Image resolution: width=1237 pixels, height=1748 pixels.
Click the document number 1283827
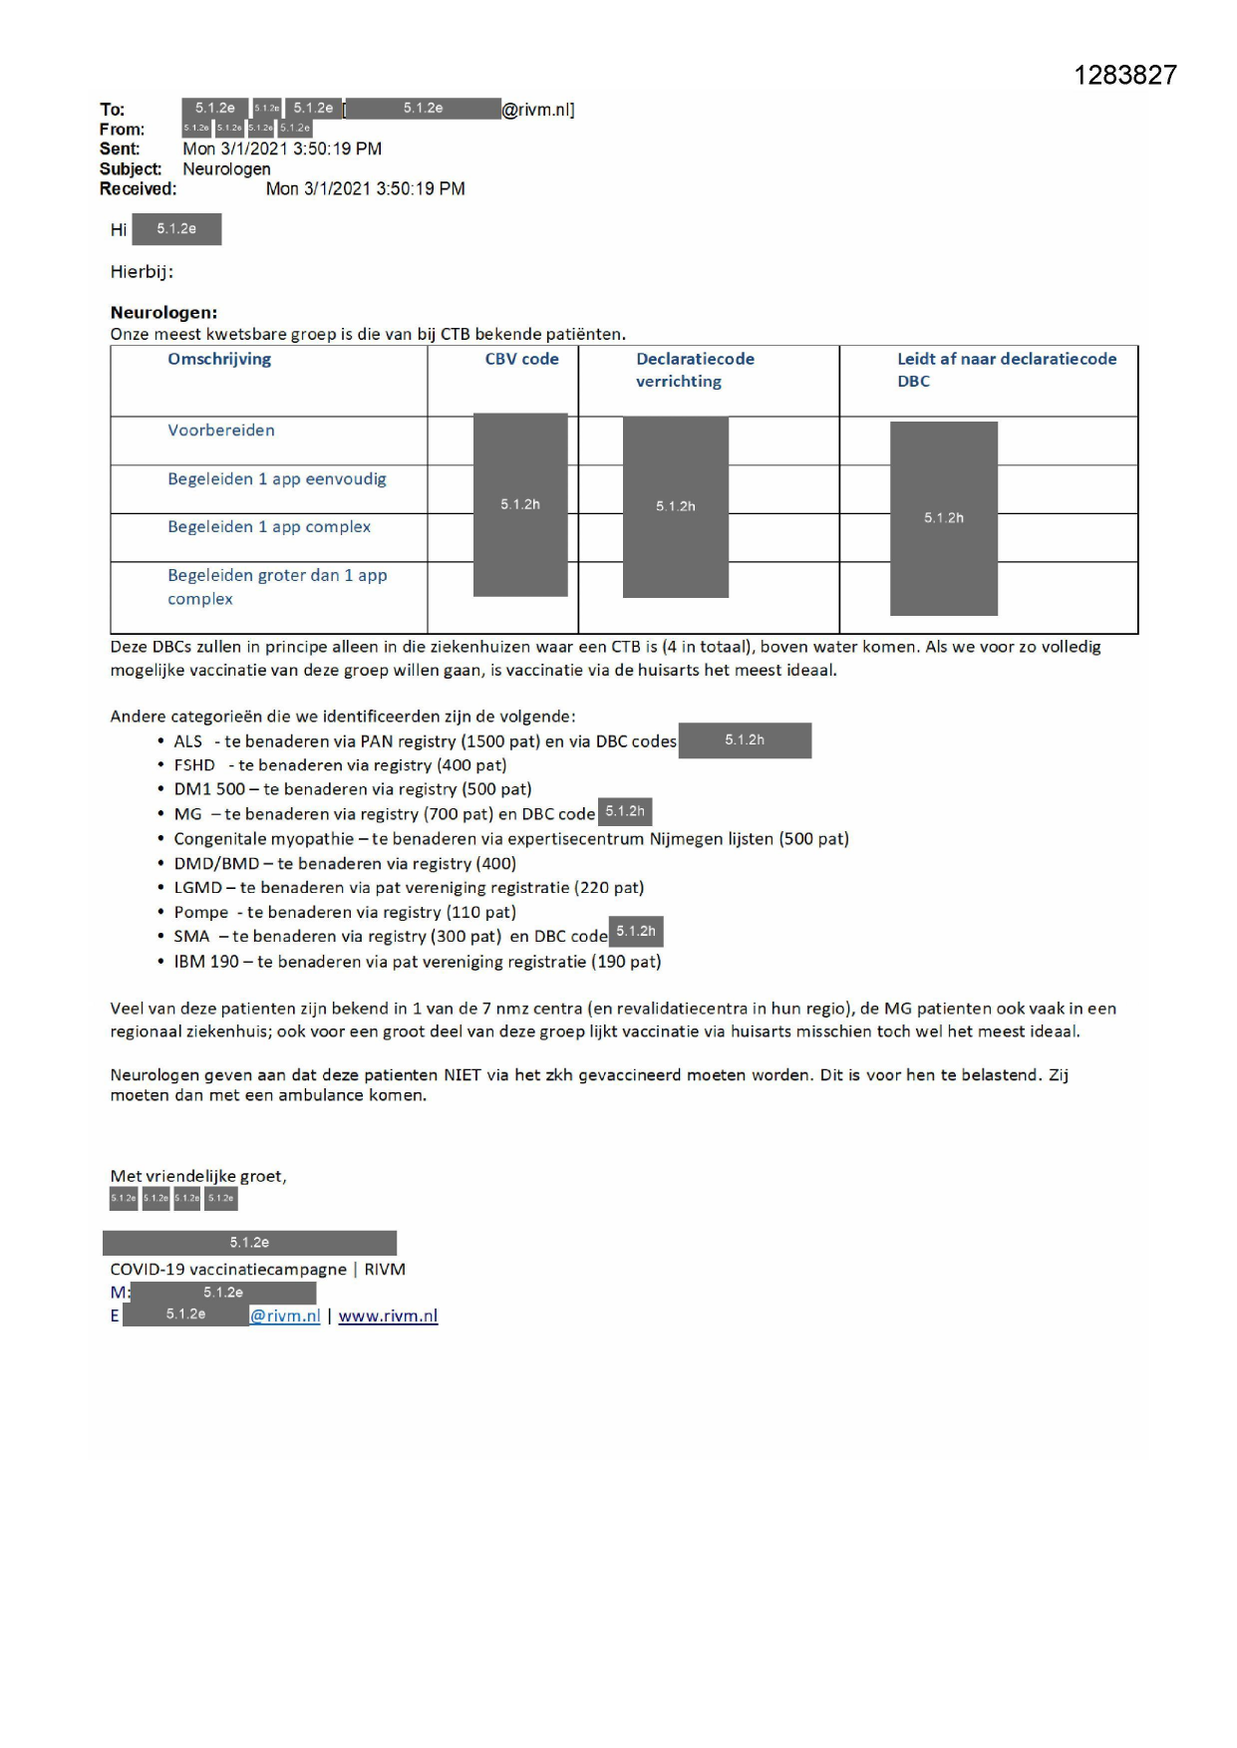[1125, 76]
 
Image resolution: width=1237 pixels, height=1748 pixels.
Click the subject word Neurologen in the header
[226, 168]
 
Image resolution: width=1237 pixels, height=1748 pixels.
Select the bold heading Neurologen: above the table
[163, 312]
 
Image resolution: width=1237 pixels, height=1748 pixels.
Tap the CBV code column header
[521, 359]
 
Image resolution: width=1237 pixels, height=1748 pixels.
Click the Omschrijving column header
[219, 359]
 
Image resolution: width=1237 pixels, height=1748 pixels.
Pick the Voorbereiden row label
[221, 431]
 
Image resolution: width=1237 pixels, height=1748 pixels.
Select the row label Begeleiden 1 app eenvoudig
[277, 479]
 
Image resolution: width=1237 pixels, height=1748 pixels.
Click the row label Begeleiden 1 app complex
[269, 527]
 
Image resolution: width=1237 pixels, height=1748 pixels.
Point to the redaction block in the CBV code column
[520, 504]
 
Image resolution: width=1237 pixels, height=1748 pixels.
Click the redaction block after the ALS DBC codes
[745, 740]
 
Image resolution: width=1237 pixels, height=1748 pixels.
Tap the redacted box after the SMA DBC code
[636, 932]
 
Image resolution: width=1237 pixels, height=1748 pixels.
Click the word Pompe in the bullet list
[201, 912]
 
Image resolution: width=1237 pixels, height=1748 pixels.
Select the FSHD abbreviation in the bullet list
[194, 765]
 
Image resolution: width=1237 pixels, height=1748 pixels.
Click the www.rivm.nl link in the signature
[388, 1316]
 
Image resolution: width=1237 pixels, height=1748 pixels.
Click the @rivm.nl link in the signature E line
[285, 1316]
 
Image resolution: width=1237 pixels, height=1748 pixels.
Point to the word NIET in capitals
[463, 1075]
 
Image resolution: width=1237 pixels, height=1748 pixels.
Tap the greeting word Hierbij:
[142, 271]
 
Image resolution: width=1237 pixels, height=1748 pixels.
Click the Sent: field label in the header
[120, 148]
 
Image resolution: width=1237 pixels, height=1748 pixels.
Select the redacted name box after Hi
[176, 229]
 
